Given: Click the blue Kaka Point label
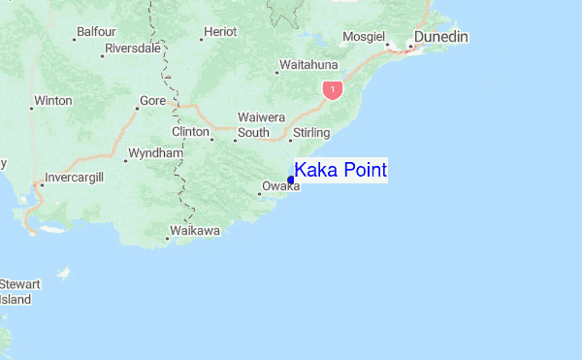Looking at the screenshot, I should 340,171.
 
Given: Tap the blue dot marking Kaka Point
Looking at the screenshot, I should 291,180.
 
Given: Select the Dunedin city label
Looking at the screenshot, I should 441,37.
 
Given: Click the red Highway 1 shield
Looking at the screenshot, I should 333,90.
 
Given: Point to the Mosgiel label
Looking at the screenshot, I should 363,38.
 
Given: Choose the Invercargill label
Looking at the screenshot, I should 72,178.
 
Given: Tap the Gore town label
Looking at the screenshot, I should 152,101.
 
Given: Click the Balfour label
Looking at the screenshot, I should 97,32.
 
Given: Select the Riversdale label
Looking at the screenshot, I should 133,48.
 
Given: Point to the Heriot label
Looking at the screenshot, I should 221,32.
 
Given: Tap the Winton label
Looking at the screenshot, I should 52,100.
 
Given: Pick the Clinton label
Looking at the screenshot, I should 190,132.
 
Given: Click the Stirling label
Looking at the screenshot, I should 311,132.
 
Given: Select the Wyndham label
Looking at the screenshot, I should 155,153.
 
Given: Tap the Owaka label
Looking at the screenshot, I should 280,187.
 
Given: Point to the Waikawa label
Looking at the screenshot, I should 195,231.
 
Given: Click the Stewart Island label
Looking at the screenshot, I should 19,292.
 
